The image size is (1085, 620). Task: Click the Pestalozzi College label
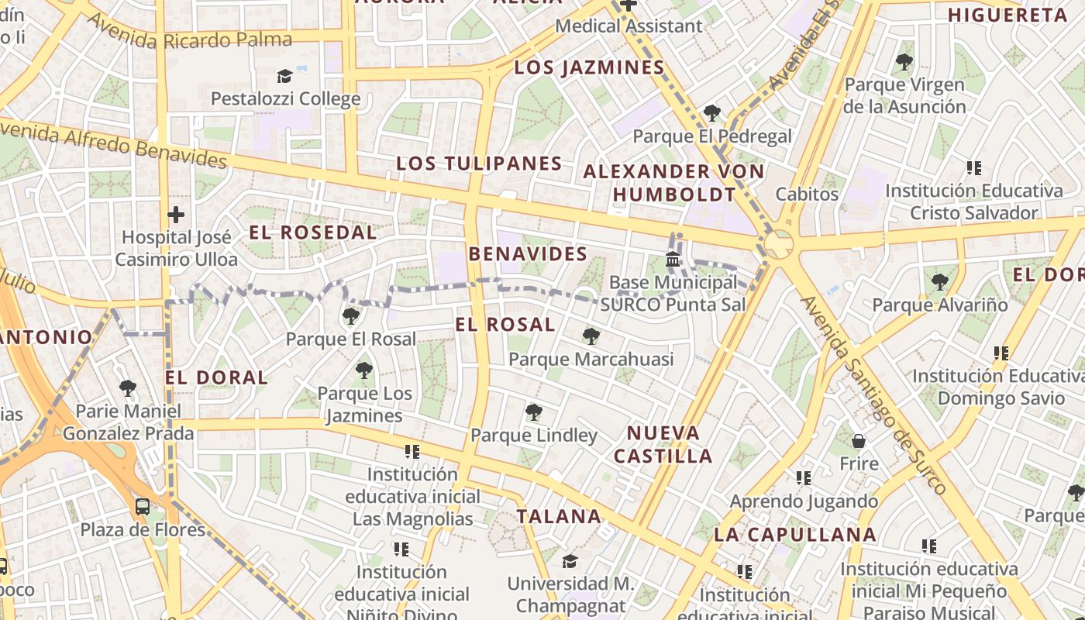(285, 99)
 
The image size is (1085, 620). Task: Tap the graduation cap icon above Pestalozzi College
(284, 76)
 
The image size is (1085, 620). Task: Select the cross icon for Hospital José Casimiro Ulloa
(176, 214)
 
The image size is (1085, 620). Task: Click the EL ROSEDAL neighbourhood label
(312, 232)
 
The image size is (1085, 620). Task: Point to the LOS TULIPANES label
(478, 164)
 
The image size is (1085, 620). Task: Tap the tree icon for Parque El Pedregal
(711, 113)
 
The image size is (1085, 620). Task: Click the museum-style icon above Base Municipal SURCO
(673, 259)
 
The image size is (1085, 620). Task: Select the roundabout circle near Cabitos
(778, 245)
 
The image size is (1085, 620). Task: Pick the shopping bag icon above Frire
(859, 441)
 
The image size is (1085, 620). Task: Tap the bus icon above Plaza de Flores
(143, 507)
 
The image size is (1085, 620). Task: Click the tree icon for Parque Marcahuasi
(591, 336)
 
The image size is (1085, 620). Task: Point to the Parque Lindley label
(534, 436)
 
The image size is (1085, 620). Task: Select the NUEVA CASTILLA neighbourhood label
(663, 444)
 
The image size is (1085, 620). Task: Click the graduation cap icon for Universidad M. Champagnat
(570, 560)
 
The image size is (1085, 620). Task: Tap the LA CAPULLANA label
(794, 534)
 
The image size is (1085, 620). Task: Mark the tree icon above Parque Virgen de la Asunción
(904, 62)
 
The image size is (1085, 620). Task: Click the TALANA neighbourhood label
(559, 516)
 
